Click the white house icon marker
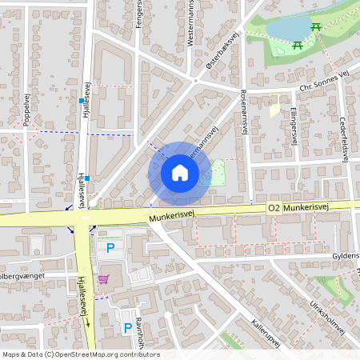click(x=180, y=173)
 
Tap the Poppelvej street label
click(x=26, y=108)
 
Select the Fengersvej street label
click(x=139, y=14)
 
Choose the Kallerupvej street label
click(x=266, y=335)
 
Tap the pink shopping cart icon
click(x=104, y=279)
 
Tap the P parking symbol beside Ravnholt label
click(x=126, y=327)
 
